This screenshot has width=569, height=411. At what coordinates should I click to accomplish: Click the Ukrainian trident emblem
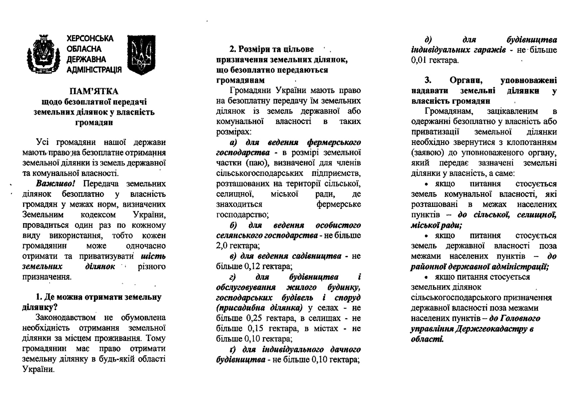[x=141, y=55]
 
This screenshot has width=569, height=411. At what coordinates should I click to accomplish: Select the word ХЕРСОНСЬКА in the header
[x=90, y=39]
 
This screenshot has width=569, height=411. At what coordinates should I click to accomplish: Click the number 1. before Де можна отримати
[x=39, y=297]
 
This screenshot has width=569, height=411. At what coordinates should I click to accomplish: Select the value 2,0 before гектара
[x=222, y=246]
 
